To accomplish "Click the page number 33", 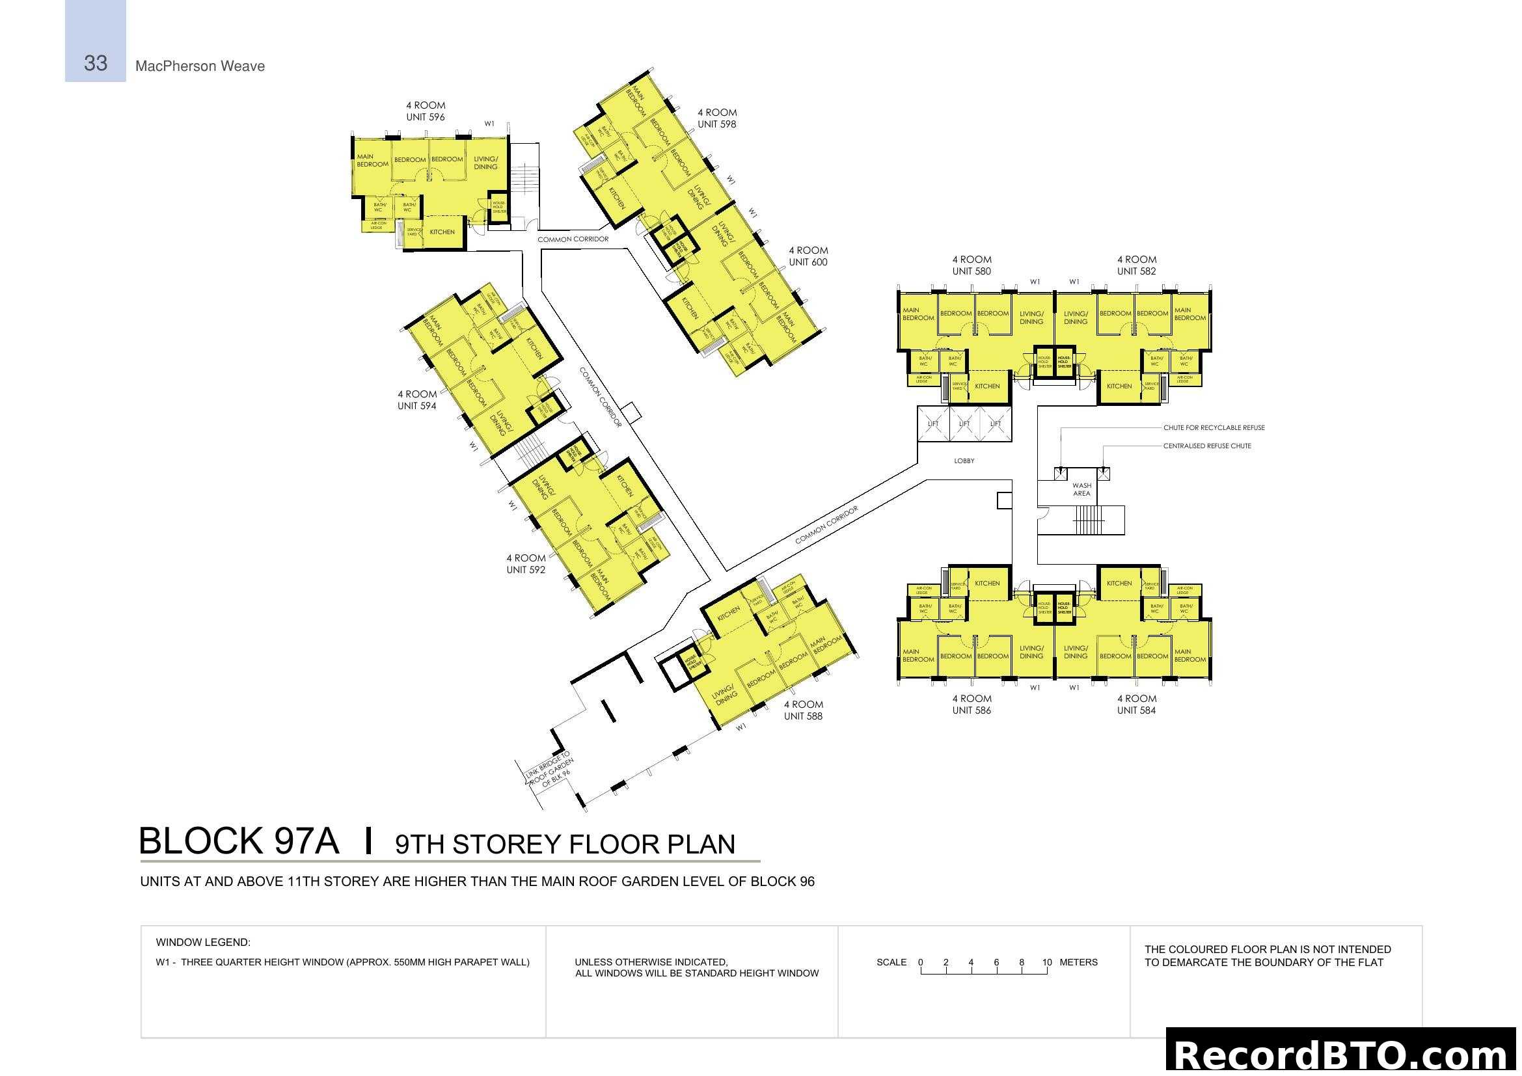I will tap(96, 63).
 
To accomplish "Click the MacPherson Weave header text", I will tap(200, 66).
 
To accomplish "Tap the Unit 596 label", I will tap(425, 117).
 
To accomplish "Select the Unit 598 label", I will tap(716, 124).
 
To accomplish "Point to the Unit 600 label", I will tap(808, 262).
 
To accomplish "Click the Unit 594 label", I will tap(416, 406).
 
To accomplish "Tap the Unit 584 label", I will tap(1135, 710).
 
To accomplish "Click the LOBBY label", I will tap(963, 461).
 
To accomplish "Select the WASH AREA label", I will tap(1081, 490).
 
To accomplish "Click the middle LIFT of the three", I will tap(964, 424).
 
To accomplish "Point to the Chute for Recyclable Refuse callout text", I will tap(1213, 428).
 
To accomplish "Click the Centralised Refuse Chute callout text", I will tap(1206, 446).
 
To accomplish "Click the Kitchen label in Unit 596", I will tap(441, 232).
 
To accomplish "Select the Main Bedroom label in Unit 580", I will tap(917, 314).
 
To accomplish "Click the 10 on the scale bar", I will tap(1046, 962).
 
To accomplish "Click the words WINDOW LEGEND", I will tap(203, 942).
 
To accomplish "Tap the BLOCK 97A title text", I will tap(239, 841).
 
